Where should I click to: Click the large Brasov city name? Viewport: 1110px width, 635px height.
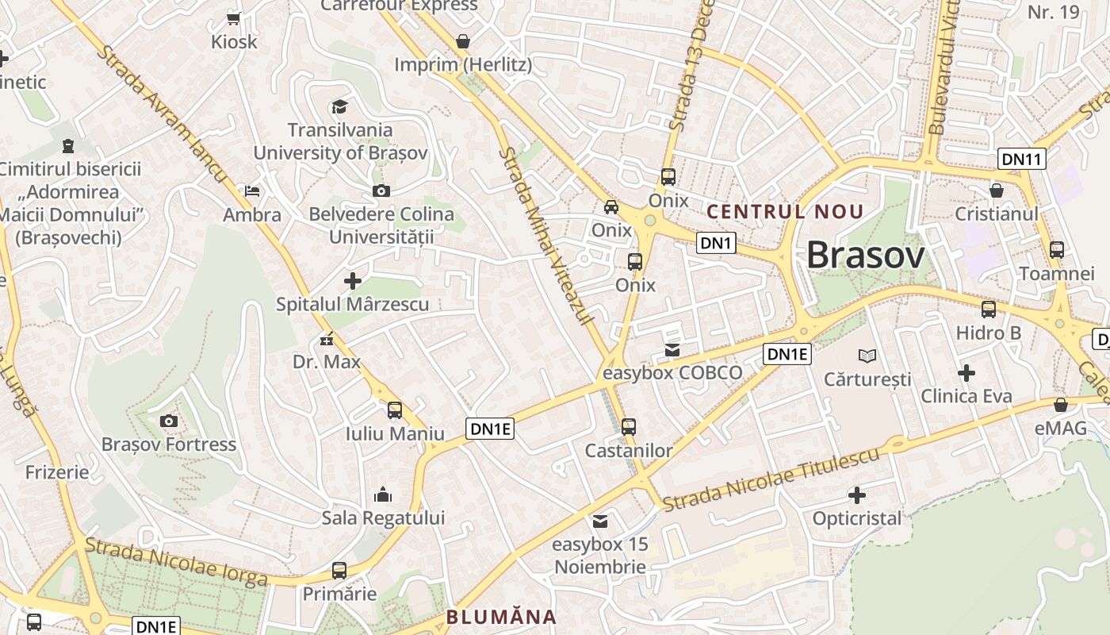pos(865,256)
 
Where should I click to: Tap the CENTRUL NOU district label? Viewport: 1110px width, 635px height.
pos(784,212)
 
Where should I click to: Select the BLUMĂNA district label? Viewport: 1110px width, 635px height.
pos(501,617)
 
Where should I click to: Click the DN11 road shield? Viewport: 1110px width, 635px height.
pos(1021,159)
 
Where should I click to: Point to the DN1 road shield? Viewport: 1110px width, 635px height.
pos(716,243)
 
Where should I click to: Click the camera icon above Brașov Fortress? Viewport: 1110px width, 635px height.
pos(168,421)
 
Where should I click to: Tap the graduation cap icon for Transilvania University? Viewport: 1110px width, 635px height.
pos(339,106)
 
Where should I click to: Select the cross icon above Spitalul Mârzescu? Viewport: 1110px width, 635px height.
pos(353,281)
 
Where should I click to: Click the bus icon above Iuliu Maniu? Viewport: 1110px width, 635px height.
pos(395,410)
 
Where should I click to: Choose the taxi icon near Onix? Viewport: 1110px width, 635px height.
pos(611,207)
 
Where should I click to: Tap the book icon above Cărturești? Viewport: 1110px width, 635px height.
pos(868,356)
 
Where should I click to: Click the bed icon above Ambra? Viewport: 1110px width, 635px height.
pos(251,191)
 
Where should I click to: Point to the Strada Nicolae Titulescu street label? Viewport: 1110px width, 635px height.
pos(771,479)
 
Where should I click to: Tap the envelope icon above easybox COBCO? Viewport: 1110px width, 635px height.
pos(672,349)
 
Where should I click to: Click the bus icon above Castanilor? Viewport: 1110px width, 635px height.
pos(629,427)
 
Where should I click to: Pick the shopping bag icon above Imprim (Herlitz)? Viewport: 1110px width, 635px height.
pos(463,41)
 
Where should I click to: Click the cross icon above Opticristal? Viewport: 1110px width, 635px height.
pos(857,495)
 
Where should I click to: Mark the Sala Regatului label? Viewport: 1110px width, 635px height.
pos(383,518)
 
